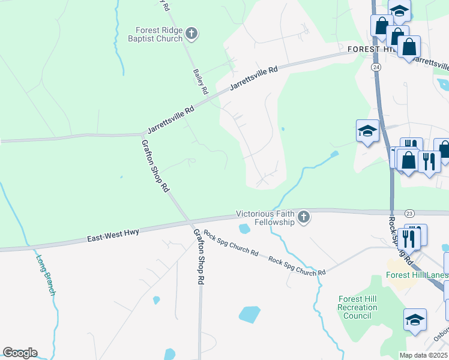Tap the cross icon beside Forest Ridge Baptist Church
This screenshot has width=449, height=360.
click(191, 34)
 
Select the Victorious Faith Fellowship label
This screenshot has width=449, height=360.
click(266, 218)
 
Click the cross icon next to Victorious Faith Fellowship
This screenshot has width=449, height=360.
click(304, 217)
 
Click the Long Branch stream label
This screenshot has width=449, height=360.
click(46, 276)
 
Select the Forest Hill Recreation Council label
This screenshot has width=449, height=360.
click(357, 307)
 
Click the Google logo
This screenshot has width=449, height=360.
click(20, 353)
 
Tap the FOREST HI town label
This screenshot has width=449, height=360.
click(371, 49)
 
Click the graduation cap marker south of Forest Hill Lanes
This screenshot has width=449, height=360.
click(415, 320)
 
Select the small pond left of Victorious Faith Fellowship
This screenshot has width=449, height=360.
click(244, 228)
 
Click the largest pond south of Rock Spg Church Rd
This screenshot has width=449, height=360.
click(249, 314)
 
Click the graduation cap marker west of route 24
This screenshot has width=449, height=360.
click(367, 131)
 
